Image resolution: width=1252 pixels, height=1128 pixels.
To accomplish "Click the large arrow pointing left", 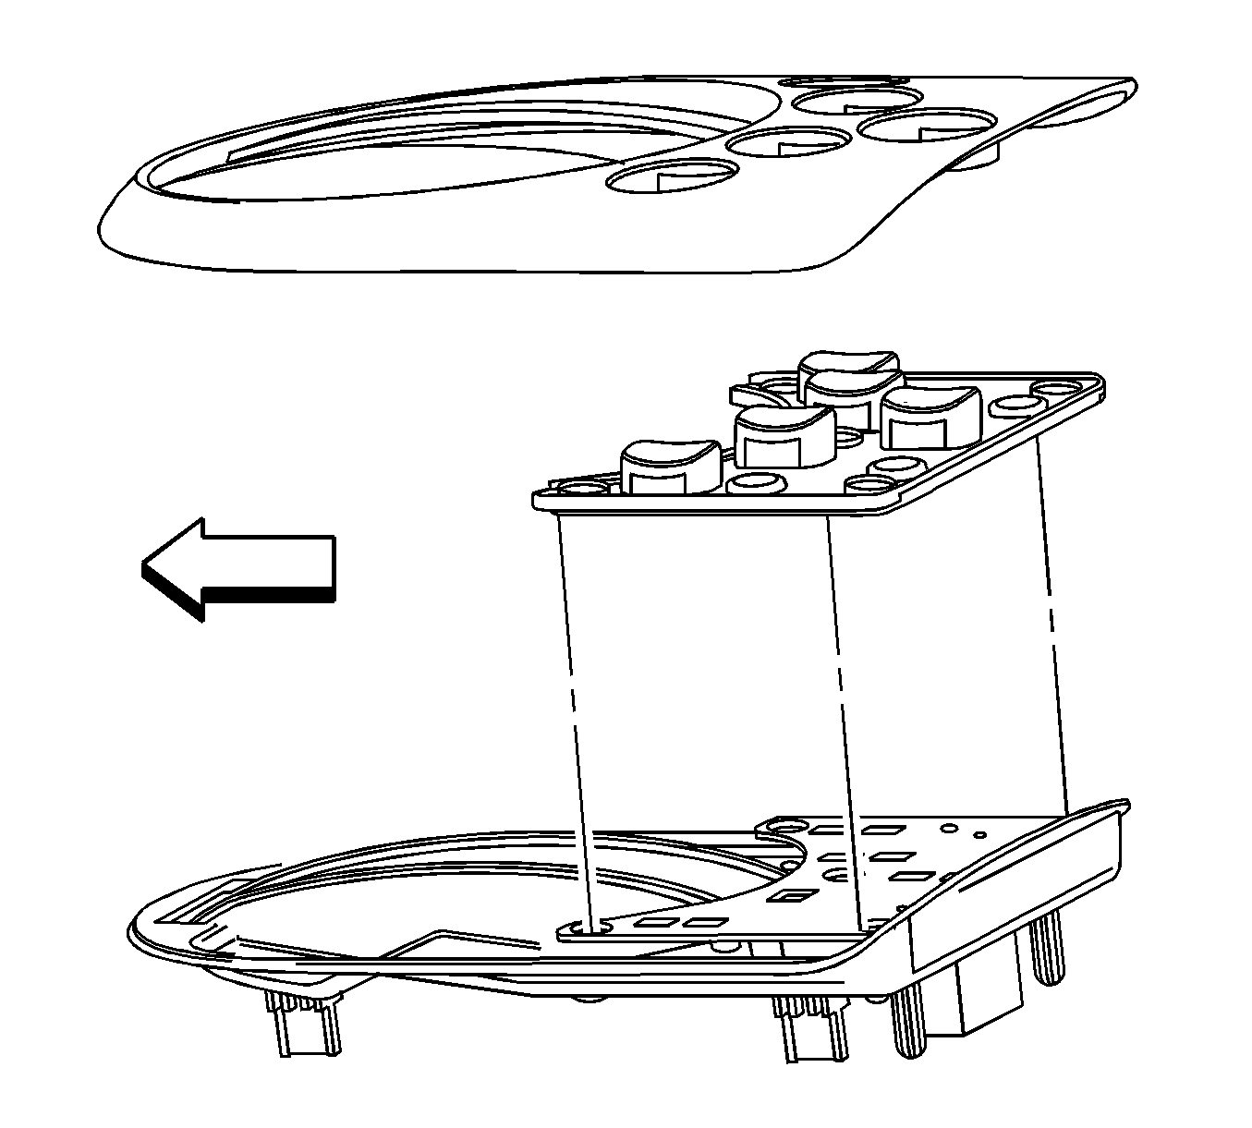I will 249,565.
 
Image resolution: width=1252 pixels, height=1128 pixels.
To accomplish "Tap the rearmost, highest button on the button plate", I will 848,370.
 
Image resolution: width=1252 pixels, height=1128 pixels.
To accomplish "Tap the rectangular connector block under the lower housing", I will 989,998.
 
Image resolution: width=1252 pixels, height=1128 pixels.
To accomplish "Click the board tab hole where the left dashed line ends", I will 589,925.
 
